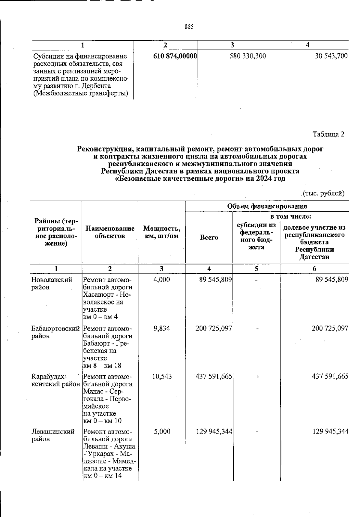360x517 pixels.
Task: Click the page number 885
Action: pyautogui.click(x=189, y=27)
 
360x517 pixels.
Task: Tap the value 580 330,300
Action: pyautogui.click(x=248, y=56)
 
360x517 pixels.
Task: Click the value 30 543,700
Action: pyautogui.click(x=331, y=56)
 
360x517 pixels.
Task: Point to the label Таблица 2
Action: pyautogui.click(x=329, y=134)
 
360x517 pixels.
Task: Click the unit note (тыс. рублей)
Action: pyautogui.click(x=323, y=193)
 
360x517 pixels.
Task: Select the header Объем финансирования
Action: pyautogui.click(x=267, y=206)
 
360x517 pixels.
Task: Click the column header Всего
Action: pyautogui.click(x=209, y=237)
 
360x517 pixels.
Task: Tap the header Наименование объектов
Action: pyautogui.click(x=110, y=232)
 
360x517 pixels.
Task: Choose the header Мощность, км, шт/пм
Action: pyautogui.click(x=162, y=232)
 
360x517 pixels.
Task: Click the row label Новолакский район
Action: pyautogui.click(x=52, y=283)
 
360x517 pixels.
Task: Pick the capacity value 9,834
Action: pyautogui.click(x=161, y=328)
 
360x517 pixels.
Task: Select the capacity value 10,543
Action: pyautogui.click(x=162, y=376)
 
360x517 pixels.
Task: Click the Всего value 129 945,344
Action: pyautogui.click(x=214, y=432)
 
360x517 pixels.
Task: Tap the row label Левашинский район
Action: pyautogui.click(x=53, y=435)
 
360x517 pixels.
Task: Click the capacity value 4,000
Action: pyautogui.click(x=161, y=280)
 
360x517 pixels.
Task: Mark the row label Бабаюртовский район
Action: pyautogui.click(x=55, y=332)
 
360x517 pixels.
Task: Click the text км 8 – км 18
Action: pyautogui.click(x=102, y=366)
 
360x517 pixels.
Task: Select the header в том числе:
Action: pyautogui.click(x=290, y=216)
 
